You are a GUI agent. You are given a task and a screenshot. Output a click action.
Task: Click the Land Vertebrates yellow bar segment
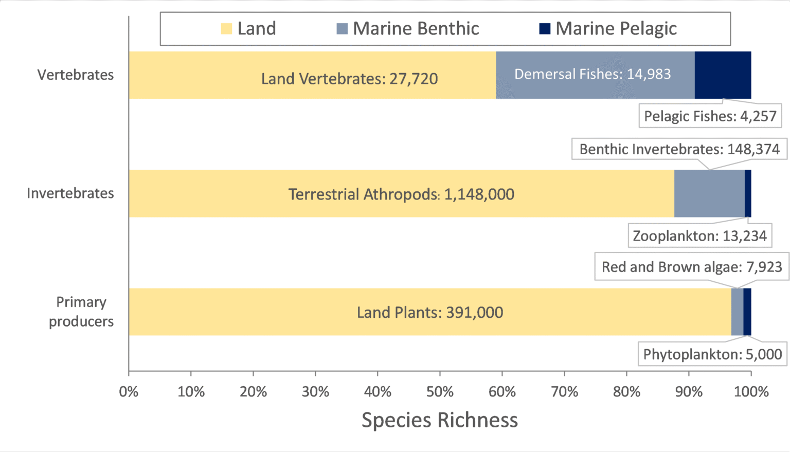(x=312, y=75)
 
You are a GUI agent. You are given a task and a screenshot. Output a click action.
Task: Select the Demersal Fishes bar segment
(x=595, y=75)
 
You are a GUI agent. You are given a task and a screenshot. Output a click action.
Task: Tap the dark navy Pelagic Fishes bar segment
(x=723, y=75)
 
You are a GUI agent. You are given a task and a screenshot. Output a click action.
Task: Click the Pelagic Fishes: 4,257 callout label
(x=710, y=116)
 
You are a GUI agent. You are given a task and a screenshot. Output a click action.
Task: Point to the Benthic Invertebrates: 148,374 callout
(x=679, y=149)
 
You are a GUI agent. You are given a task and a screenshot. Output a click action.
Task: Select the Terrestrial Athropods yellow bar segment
(x=401, y=194)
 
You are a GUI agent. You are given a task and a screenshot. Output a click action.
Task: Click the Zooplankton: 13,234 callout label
(x=699, y=236)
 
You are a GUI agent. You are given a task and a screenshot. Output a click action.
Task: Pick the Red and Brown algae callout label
(x=692, y=267)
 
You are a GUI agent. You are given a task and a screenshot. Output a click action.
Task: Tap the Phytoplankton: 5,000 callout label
(x=712, y=354)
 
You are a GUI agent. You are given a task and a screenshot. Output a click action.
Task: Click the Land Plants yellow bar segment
(x=429, y=312)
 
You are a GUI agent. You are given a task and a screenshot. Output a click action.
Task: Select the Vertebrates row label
(x=76, y=75)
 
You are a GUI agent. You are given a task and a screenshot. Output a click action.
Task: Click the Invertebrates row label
(x=70, y=193)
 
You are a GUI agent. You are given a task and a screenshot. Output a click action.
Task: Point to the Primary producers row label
(x=81, y=312)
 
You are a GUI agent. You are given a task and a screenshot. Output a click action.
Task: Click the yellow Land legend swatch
(x=226, y=29)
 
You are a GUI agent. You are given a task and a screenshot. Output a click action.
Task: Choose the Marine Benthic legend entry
(x=408, y=29)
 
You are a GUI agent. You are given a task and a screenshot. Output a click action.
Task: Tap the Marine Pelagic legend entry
(x=608, y=29)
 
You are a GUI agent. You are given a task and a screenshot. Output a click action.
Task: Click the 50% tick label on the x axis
(x=440, y=392)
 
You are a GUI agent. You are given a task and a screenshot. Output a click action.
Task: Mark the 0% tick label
(x=129, y=392)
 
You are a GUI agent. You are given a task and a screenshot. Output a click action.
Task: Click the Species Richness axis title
(x=440, y=420)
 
